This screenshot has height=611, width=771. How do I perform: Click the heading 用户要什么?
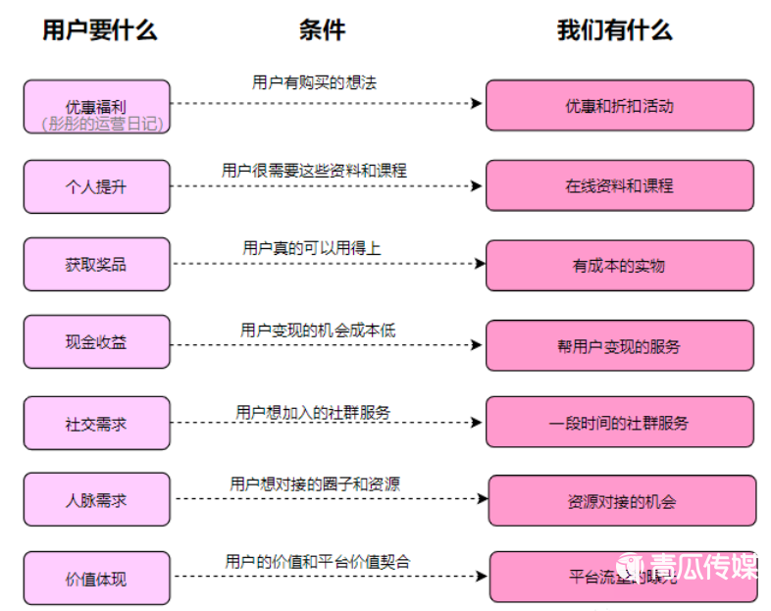tap(99, 30)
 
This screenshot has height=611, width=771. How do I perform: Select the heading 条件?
tap(322, 30)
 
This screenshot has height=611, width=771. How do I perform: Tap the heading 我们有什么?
tap(614, 30)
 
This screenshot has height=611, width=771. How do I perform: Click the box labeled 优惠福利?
tap(96, 106)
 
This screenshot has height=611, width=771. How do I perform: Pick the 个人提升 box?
tap(96, 186)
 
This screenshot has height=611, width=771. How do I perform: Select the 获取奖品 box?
tap(96, 264)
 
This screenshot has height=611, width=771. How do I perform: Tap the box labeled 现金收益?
tap(96, 342)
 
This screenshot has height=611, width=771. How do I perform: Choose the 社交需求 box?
tap(96, 424)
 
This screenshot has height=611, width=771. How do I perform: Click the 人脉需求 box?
tap(96, 500)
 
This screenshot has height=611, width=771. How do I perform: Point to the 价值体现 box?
tap(96, 579)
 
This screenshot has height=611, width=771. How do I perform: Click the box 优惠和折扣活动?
tap(620, 106)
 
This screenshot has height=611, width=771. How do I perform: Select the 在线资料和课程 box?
tap(620, 186)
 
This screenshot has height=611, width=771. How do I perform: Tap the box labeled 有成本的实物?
tap(620, 265)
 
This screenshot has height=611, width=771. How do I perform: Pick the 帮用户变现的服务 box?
tap(620, 345)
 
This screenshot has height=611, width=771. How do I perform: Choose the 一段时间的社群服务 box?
tap(620, 424)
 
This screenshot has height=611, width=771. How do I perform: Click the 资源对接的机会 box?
tap(622, 501)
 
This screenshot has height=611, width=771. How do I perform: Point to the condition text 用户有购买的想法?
tap(314, 82)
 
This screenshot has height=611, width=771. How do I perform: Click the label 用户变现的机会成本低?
tap(318, 331)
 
